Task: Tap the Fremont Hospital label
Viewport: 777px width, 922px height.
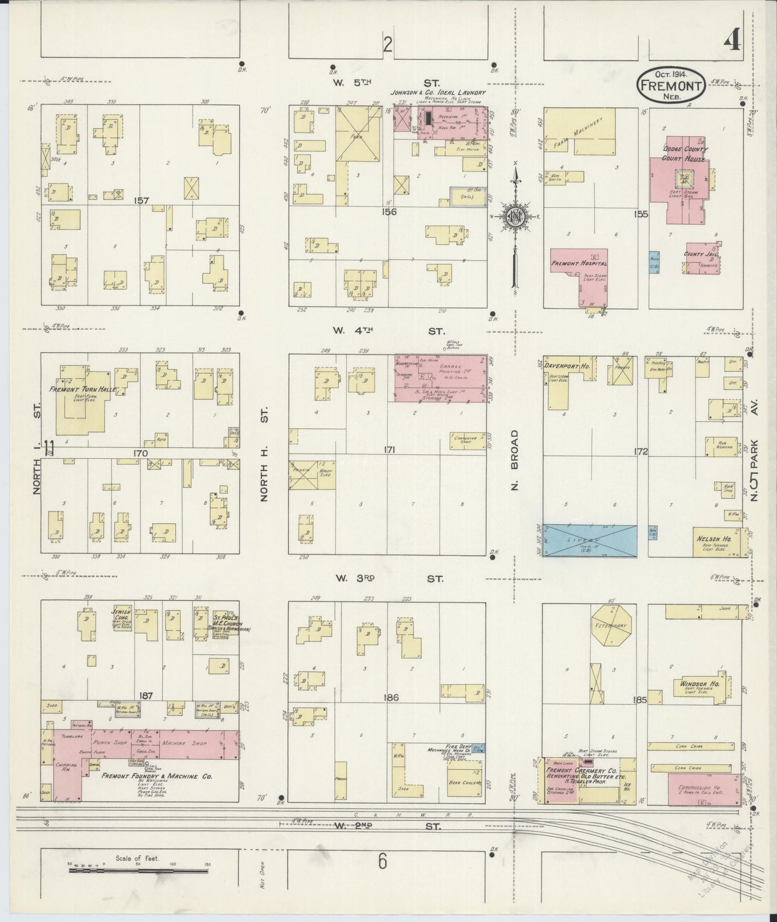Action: click(x=579, y=264)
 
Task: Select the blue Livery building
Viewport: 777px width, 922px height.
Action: click(x=590, y=540)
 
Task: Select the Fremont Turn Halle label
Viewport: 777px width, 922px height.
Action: click(x=83, y=389)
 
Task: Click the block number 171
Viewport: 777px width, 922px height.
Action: click(x=389, y=450)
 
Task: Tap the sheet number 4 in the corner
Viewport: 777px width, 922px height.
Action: click(x=732, y=40)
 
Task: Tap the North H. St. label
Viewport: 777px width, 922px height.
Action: click(x=264, y=455)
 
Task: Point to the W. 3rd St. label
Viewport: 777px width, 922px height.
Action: click(x=389, y=579)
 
